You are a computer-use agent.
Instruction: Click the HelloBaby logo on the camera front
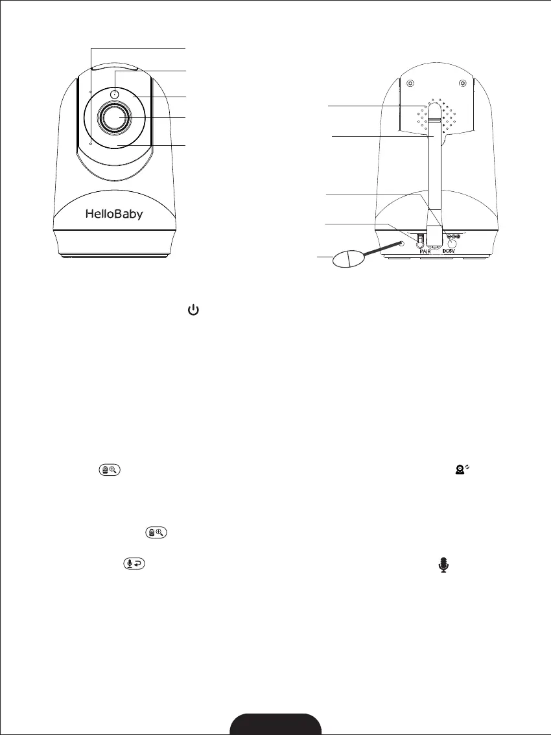pos(114,215)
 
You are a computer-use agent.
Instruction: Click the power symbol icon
pos(193,312)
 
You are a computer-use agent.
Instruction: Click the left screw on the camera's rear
pos(410,83)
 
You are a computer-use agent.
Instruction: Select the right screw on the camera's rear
pos(462,83)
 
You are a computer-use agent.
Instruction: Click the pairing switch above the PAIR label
pos(419,240)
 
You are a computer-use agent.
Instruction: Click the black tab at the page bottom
pos(276,724)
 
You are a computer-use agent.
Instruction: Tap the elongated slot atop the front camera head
pos(115,66)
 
